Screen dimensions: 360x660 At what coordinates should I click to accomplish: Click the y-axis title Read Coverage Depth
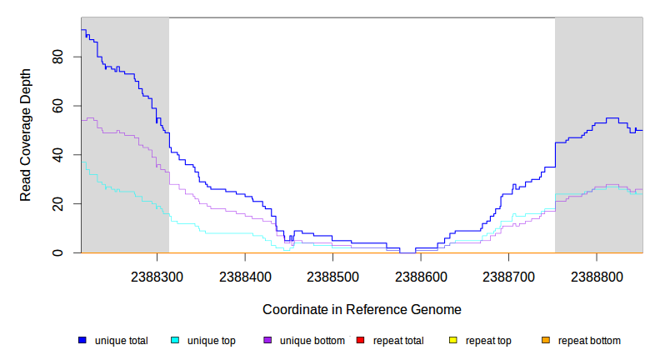[26, 135]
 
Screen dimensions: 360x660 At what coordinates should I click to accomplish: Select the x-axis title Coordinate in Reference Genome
[362, 309]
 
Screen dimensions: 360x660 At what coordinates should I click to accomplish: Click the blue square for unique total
[82, 340]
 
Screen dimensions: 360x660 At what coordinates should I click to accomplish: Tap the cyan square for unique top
[175, 340]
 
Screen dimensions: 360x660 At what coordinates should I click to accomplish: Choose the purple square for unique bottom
[267, 340]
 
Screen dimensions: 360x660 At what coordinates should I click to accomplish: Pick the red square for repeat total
[360, 340]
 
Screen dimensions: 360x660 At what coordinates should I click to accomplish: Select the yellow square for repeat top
[452, 340]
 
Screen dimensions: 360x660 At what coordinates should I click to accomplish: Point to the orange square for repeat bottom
[545, 340]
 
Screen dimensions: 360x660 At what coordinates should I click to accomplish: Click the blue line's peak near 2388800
[612, 118]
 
